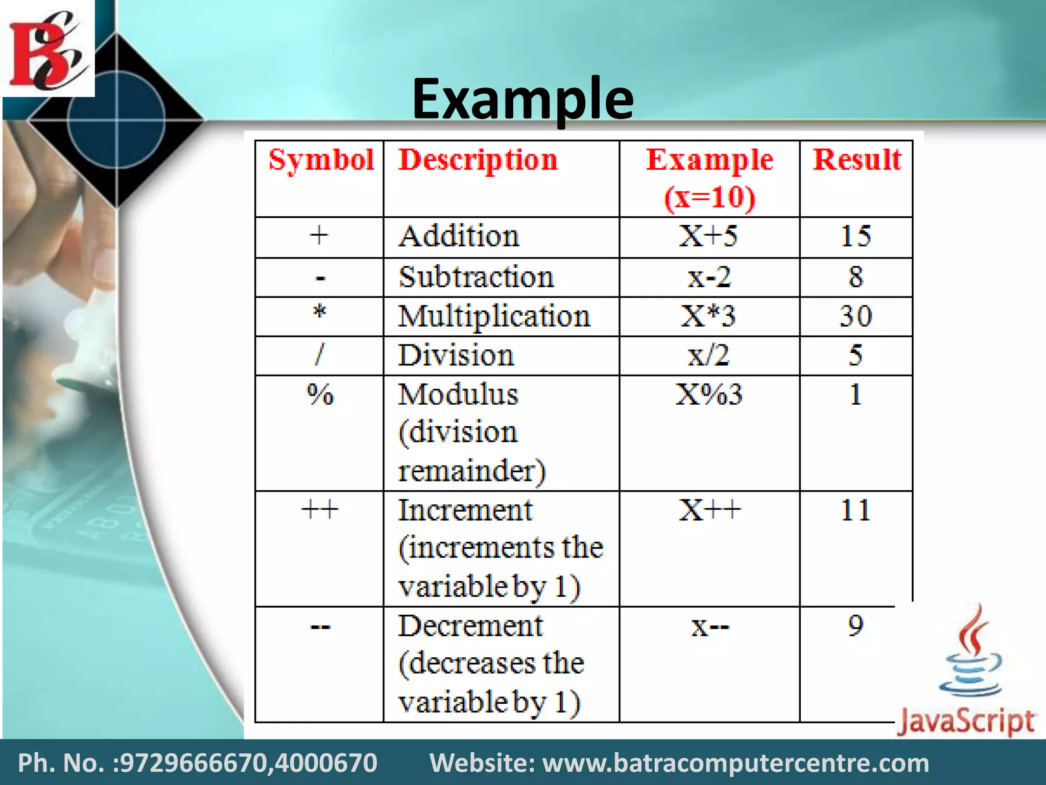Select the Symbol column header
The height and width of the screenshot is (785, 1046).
(321, 160)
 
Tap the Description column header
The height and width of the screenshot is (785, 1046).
(478, 160)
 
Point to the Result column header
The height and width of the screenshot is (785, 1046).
(857, 160)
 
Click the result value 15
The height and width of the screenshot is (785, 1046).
(855, 237)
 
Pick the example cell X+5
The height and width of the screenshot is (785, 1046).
(708, 237)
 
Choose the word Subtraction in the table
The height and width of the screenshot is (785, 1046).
(476, 278)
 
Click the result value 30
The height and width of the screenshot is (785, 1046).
(855, 316)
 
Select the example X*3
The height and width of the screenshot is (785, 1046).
(708, 316)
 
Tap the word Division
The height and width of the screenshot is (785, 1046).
(456, 355)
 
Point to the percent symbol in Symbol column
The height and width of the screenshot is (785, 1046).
(320, 395)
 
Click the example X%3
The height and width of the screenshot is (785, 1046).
(709, 395)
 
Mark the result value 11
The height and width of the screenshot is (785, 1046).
(855, 510)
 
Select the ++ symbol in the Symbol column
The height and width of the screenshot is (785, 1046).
(320, 510)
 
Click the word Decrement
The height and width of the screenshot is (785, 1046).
(470, 626)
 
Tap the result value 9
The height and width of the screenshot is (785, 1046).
(855, 626)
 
